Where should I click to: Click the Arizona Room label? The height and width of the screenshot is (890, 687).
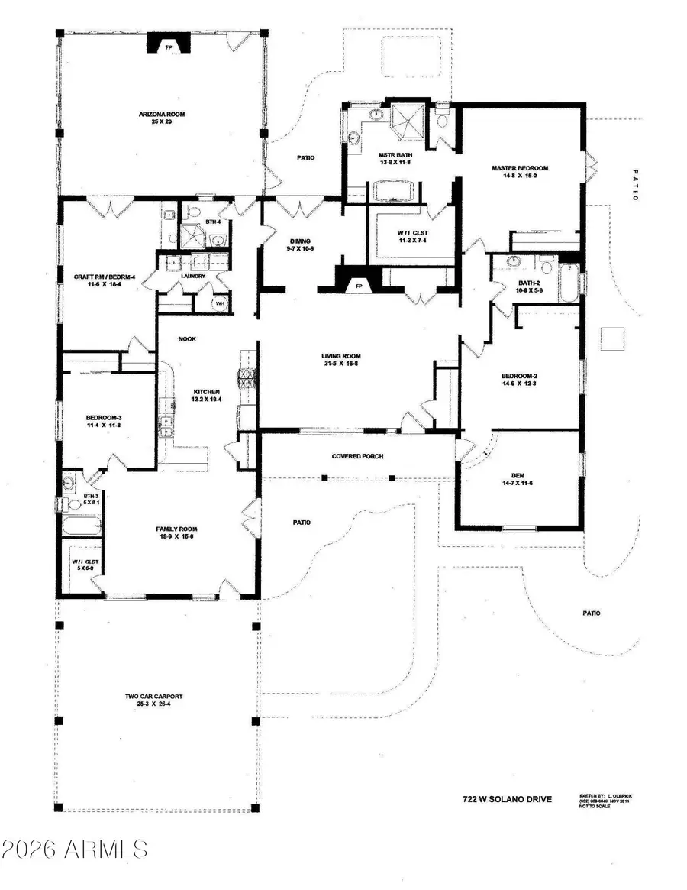click(162, 115)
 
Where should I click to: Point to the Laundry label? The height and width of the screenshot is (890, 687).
click(193, 276)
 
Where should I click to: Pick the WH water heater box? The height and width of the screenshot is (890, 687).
click(220, 302)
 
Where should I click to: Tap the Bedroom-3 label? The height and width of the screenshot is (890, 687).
click(100, 417)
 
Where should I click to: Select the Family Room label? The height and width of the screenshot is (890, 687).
click(176, 529)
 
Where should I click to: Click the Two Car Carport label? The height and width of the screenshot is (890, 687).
click(154, 697)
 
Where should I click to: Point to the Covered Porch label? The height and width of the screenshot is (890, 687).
click(357, 456)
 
